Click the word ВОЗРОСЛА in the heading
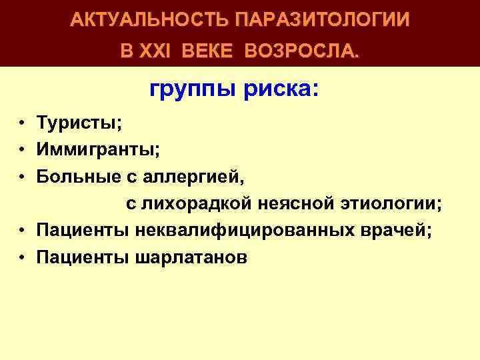click(x=301, y=51)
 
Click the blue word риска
click(x=277, y=89)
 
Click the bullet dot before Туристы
click(x=22, y=123)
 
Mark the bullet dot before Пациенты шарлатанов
click(x=22, y=257)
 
